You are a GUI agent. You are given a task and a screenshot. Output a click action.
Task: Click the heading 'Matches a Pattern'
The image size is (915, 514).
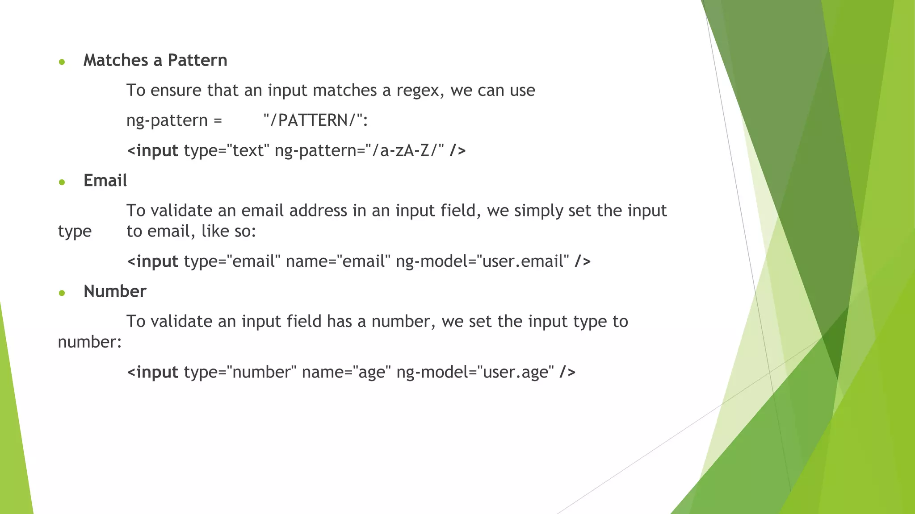(x=155, y=60)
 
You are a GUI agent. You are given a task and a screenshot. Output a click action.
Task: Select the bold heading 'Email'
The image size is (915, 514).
(x=105, y=181)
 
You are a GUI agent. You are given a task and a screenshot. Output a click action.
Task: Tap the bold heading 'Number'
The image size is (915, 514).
(x=115, y=291)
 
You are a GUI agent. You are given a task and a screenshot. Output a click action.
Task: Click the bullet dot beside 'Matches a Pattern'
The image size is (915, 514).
(x=62, y=62)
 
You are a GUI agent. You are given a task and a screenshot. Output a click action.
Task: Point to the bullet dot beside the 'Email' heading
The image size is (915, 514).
(x=62, y=182)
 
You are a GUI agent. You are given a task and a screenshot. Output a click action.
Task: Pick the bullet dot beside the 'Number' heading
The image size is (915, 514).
(x=62, y=293)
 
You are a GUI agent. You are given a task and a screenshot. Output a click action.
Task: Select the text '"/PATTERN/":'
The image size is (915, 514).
(x=315, y=120)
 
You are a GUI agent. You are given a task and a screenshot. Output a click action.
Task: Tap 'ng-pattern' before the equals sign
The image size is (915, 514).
(x=167, y=120)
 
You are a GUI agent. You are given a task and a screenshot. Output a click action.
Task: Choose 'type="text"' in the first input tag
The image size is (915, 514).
(x=227, y=151)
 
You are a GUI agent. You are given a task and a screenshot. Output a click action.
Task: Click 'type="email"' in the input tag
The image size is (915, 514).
(x=232, y=261)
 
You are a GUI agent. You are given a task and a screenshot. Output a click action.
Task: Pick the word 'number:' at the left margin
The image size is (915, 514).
(x=90, y=342)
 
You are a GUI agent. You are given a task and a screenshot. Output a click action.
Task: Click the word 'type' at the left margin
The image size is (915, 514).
(x=75, y=232)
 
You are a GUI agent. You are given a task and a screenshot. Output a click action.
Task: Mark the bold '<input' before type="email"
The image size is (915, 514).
(x=153, y=261)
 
